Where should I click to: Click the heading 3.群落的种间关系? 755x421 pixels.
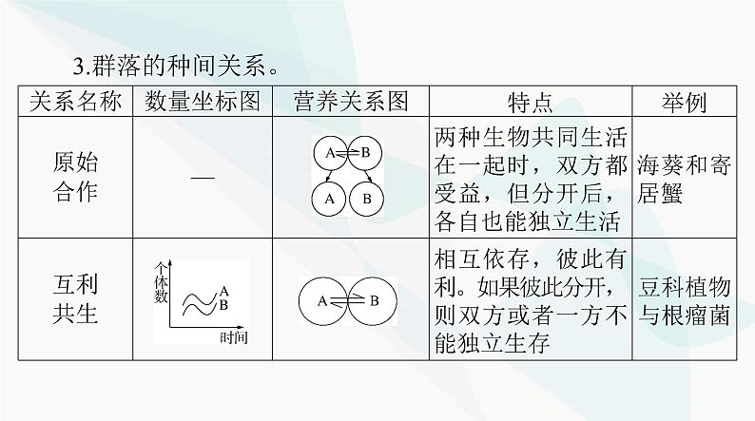176,68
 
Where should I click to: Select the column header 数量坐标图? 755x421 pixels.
197,103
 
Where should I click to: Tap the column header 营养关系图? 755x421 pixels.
345,103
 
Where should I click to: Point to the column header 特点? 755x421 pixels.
529,103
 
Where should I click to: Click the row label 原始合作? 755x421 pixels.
75,178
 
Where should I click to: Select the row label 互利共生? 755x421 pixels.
75,299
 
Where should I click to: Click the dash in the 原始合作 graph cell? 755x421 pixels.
197,179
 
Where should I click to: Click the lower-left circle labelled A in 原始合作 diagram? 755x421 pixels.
329,199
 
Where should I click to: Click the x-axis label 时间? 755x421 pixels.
233,337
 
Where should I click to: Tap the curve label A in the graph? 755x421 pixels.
223,291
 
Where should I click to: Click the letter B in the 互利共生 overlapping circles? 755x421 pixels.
374,301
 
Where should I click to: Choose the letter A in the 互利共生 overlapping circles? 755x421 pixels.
323,301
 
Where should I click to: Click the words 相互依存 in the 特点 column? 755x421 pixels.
481,257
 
